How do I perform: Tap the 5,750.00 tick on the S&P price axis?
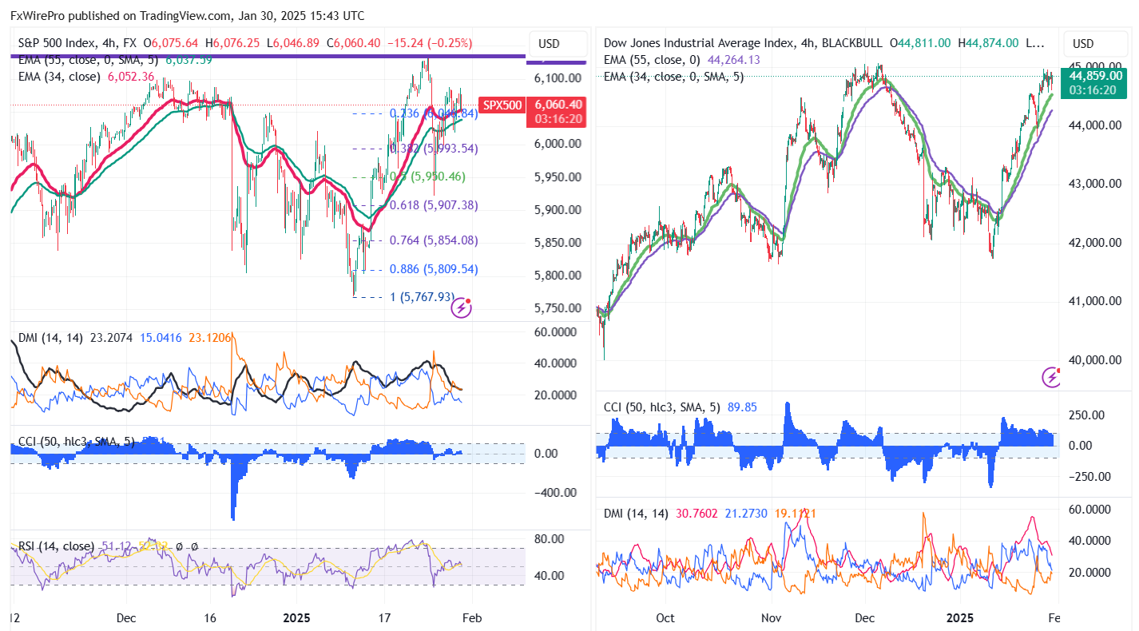558,308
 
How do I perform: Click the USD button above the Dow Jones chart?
1083,43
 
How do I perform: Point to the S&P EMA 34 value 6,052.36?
131,77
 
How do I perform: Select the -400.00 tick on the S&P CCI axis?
556,493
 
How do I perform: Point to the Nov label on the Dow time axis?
771,618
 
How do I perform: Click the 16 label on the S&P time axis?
211,618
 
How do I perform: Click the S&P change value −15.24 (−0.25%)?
430,43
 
